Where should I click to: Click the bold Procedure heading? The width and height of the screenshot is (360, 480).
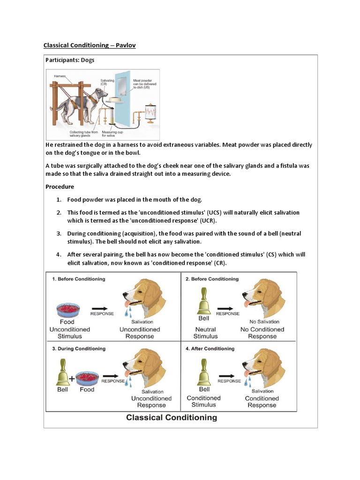(60, 187)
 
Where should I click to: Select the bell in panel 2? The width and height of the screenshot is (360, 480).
(203, 302)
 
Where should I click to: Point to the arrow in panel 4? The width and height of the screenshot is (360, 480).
(229, 374)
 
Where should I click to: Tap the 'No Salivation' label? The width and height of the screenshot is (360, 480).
(264, 322)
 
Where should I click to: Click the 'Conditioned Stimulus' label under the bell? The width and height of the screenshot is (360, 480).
(204, 401)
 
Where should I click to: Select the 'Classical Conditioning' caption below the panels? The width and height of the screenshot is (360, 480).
(172, 417)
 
